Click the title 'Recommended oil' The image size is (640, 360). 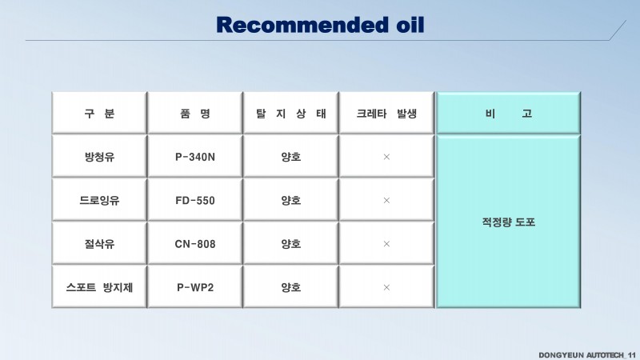click(x=320, y=25)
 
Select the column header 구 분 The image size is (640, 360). click(x=99, y=113)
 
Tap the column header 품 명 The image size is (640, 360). click(x=195, y=113)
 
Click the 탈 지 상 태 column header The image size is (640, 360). click(x=290, y=113)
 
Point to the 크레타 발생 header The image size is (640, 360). click(x=386, y=113)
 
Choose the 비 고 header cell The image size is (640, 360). click(x=508, y=113)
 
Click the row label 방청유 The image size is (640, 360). click(x=99, y=157)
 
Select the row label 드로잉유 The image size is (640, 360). click(x=99, y=201)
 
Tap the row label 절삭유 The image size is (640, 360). click(x=99, y=244)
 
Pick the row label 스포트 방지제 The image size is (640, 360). click(x=99, y=287)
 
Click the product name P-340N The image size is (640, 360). click(x=195, y=157)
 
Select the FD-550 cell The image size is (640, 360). click(x=195, y=201)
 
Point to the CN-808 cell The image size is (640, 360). click(x=195, y=244)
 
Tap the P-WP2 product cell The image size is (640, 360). click(x=195, y=287)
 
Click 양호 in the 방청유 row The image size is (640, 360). click(x=290, y=157)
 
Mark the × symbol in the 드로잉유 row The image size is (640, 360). click(x=386, y=201)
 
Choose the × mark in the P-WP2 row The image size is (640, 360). click(x=386, y=287)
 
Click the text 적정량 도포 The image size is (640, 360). click(x=508, y=222)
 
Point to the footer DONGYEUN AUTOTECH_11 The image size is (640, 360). click(x=587, y=355)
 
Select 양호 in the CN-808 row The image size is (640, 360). click(x=290, y=244)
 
